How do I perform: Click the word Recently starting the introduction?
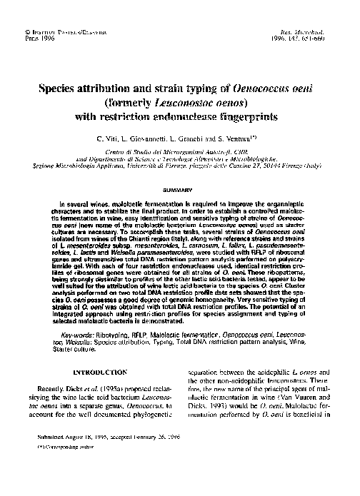pyautogui.click(x=56, y=393)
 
